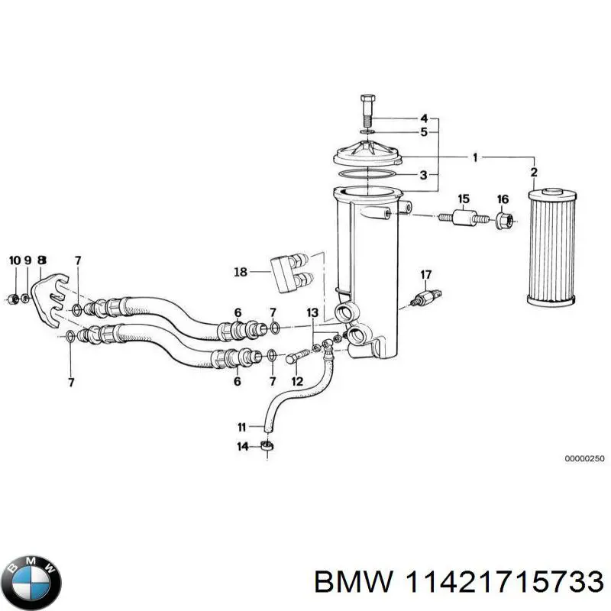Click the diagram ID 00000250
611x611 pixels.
pyautogui.click(x=584, y=459)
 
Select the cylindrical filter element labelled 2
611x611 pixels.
pyautogui.click(x=551, y=247)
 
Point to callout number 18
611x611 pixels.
pyautogui.click(x=241, y=272)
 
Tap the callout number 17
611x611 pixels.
pyautogui.click(x=426, y=275)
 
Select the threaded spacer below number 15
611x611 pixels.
pyautogui.click(x=464, y=218)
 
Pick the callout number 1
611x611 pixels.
pyautogui.click(x=475, y=158)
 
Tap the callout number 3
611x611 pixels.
pyautogui.click(x=424, y=175)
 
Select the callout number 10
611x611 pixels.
pyautogui.click(x=15, y=260)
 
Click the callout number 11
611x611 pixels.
pyautogui.click(x=241, y=428)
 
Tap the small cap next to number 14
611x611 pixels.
pyautogui.click(x=267, y=447)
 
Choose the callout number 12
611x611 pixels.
pyautogui.click(x=297, y=381)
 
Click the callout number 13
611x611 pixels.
pyautogui.click(x=312, y=312)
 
